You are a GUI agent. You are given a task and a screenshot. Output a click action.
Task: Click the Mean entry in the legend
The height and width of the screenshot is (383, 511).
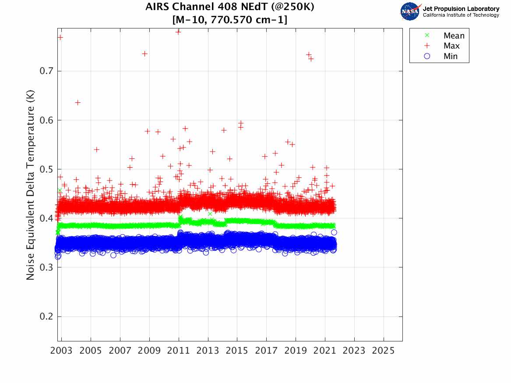click(454, 36)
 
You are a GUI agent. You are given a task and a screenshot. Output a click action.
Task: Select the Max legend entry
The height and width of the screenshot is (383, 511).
click(451, 46)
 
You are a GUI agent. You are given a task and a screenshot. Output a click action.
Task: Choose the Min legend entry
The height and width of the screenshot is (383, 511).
click(451, 56)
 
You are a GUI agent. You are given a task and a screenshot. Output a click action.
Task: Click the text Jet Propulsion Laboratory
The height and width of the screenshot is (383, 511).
click(461, 9)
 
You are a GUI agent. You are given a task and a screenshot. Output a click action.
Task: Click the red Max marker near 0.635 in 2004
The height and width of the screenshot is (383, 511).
click(78, 102)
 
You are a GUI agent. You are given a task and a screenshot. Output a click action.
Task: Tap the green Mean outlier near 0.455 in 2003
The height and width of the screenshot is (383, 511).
click(60, 190)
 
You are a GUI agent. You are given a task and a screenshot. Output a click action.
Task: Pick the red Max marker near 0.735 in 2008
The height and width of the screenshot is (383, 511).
click(144, 53)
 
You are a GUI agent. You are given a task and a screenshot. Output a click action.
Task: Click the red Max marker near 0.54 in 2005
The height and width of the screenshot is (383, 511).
click(96, 149)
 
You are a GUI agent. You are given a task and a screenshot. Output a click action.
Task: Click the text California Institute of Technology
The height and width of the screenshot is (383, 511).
click(461, 15)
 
